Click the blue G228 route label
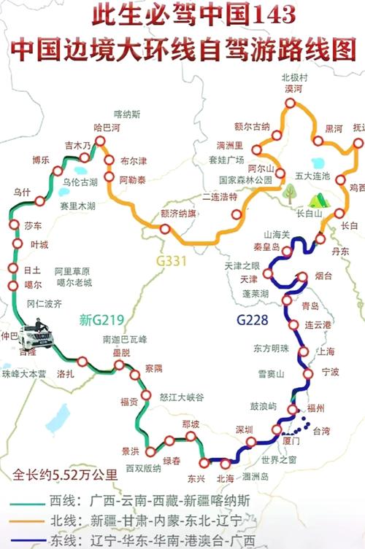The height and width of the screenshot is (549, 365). tap(253, 319)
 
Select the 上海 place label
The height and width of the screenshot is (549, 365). tap(326, 351)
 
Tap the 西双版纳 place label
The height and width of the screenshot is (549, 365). tap(143, 467)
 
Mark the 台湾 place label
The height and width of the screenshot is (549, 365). tap(321, 432)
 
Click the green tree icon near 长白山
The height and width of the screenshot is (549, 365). tap(291, 192)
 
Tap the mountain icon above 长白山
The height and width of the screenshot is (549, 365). tap(318, 199)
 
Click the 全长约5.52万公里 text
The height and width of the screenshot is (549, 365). tap(65, 475)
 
